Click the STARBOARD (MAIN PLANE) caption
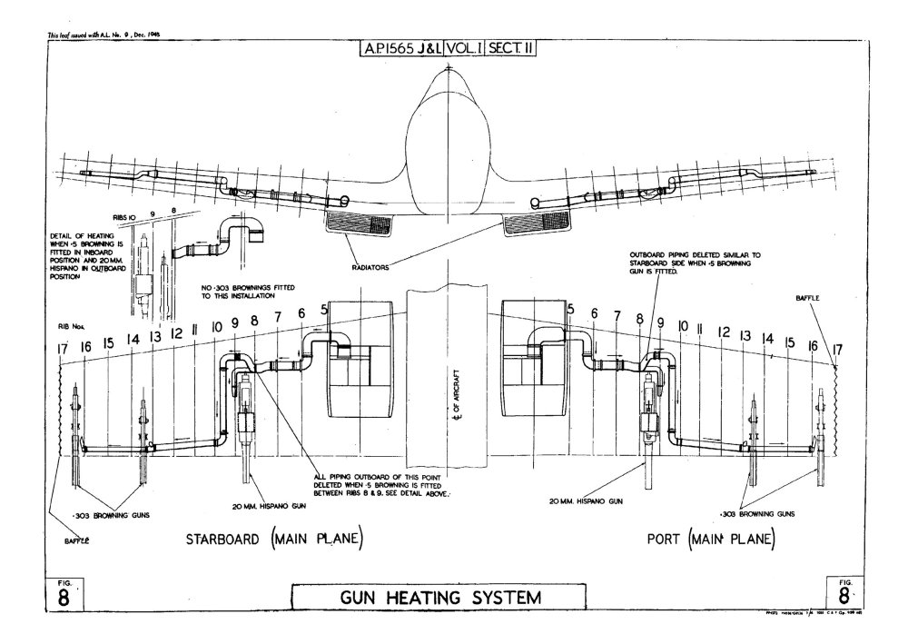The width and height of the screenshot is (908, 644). point(274,540)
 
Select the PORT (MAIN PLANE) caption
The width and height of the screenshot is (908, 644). point(710,540)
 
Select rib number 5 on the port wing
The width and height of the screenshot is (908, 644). point(570,310)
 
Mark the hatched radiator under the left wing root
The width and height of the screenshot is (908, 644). point(361,221)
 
